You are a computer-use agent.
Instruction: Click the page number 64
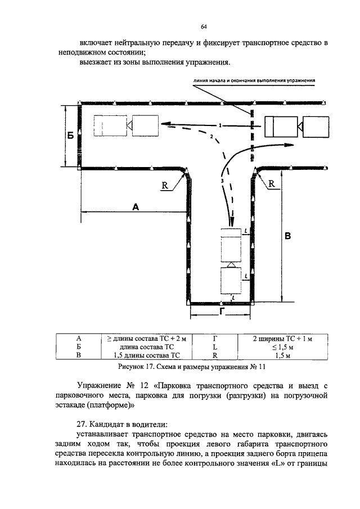click(204, 27)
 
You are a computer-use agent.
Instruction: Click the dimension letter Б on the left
click(70, 136)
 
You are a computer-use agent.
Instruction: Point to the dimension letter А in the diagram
click(136, 207)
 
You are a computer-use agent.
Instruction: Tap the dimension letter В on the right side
click(287, 236)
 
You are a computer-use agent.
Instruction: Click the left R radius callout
click(165, 186)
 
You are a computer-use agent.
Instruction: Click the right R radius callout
click(271, 184)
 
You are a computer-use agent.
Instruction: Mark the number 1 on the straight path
click(220, 125)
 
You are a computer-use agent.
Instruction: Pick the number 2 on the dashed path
click(211, 136)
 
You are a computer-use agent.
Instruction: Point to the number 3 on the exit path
click(222, 181)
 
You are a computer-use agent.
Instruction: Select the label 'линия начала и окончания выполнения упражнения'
click(254, 80)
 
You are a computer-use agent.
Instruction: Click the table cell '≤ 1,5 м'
click(282, 347)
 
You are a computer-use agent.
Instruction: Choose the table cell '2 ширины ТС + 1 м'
click(282, 339)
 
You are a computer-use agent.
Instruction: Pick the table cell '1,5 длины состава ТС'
click(147, 355)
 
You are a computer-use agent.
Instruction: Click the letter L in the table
click(215, 347)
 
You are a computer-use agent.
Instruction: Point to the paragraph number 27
click(81, 424)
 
